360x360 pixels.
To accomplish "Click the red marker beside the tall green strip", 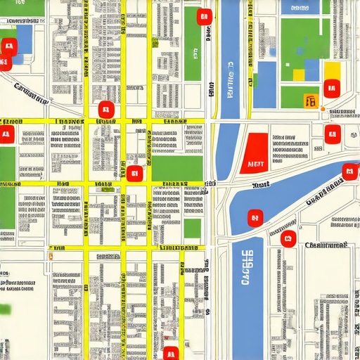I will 204,17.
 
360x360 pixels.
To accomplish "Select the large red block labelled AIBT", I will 254,153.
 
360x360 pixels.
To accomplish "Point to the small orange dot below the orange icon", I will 322,109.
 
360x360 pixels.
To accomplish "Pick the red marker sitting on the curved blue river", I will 255,217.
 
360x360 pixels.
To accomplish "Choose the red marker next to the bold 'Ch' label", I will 288,238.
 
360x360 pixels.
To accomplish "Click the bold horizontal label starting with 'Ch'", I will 326,245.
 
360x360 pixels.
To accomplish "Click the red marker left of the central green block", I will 134,173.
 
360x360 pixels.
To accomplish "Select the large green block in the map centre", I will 177,169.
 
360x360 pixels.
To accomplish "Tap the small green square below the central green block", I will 192,229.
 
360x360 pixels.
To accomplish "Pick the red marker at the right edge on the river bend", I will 349,172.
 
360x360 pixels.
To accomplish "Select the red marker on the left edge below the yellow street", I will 6,134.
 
